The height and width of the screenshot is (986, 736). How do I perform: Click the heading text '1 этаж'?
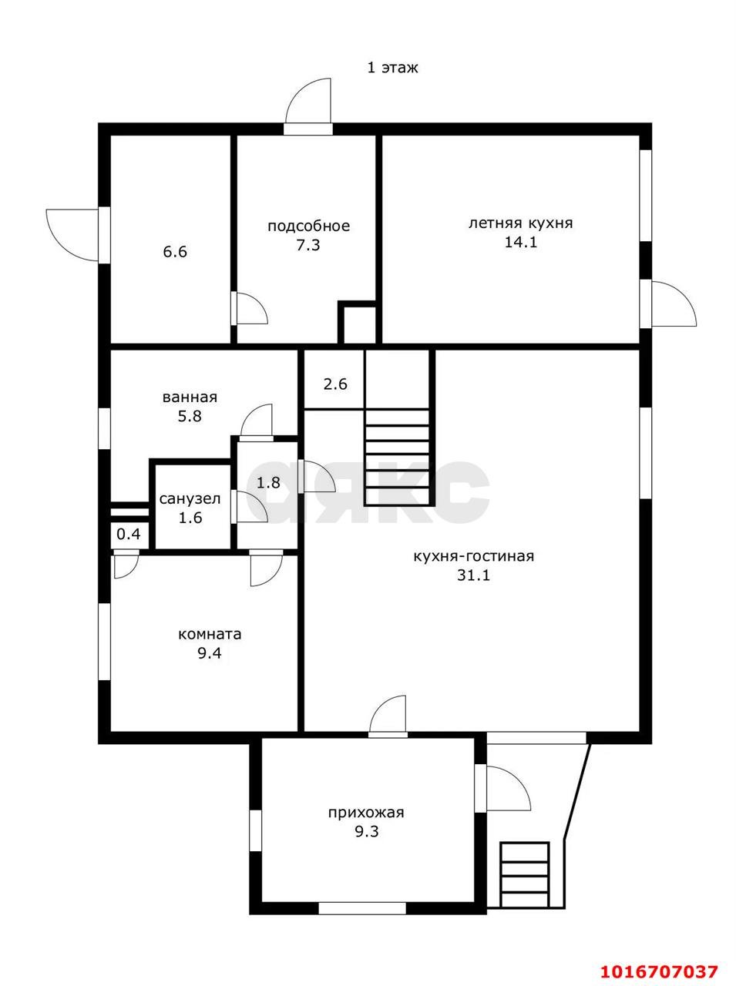(393, 68)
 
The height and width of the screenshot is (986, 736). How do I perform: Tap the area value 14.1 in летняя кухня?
(521, 243)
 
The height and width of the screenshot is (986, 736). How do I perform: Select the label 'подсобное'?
(308, 226)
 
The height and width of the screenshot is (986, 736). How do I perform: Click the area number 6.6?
(175, 252)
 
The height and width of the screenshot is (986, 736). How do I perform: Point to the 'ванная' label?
(190, 397)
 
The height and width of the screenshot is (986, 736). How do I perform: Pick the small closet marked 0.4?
(129, 535)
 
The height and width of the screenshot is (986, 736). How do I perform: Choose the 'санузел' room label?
(190, 499)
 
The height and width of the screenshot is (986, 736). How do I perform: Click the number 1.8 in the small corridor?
(268, 483)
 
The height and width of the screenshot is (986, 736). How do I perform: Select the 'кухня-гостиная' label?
(474, 556)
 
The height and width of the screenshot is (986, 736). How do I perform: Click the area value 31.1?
(474, 575)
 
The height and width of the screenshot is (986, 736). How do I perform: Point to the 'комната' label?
(210, 634)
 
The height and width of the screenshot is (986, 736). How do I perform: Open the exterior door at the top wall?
(309, 107)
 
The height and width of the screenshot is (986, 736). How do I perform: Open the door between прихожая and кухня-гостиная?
(388, 717)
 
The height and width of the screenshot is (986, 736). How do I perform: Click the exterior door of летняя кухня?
(668, 304)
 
